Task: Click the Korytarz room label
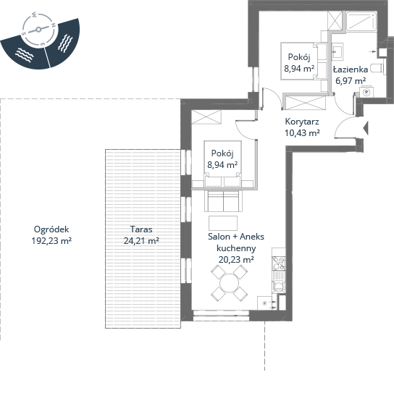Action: pos(302,122)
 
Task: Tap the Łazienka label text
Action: pos(351,69)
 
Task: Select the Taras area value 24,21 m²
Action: pos(141,241)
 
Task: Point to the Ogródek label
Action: pos(51,229)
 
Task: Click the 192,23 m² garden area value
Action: pos(51,241)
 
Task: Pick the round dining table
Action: pos(229,283)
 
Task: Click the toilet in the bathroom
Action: pos(377,68)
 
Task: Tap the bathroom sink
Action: pos(338,51)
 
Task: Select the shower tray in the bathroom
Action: pos(361,21)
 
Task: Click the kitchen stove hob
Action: pos(279,263)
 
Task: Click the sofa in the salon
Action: pos(223,200)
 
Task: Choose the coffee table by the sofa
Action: pos(223,224)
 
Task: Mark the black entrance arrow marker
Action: pos(366,128)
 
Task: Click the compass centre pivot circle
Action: pos(38,30)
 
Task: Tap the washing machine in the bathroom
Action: pos(366,92)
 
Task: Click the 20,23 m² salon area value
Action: pos(236,260)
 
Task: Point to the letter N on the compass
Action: pos(53,25)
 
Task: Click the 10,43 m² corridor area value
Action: pos(302,132)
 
